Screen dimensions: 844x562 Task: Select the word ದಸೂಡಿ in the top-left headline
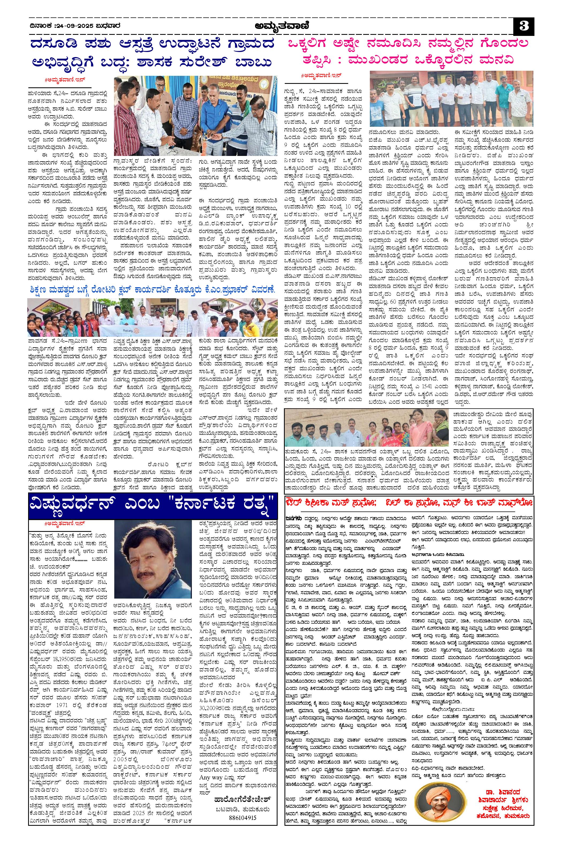coord(57,46)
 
